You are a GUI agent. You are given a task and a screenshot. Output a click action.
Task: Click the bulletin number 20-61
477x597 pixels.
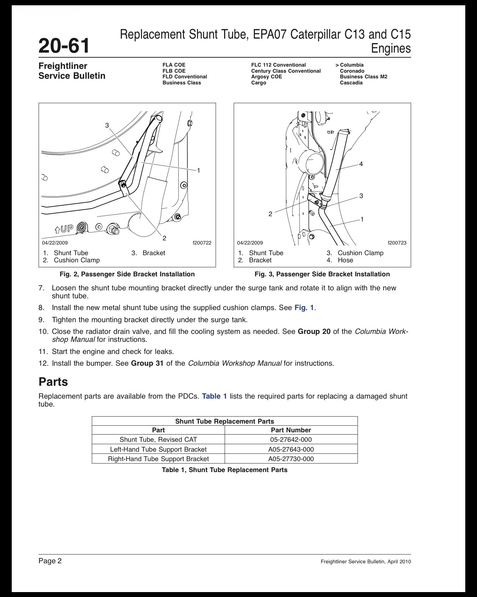(64, 45)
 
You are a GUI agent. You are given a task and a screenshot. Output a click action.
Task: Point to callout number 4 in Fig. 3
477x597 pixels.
(361, 164)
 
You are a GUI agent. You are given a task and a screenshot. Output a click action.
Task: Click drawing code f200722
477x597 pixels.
(202, 243)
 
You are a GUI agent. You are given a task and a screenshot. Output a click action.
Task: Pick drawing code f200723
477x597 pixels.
(397, 243)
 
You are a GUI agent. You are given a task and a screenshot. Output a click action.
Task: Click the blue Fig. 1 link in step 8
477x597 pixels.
(304, 308)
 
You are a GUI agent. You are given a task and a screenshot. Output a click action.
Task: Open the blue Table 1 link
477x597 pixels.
(214, 396)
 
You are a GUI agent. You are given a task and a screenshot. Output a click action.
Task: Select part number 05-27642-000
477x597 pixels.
(291, 440)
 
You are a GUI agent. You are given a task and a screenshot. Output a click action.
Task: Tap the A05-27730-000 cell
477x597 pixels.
(291, 459)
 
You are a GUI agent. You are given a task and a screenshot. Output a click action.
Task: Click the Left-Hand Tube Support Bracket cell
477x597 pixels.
(158, 449)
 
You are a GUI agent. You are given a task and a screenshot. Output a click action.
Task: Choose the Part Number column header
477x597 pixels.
(291, 430)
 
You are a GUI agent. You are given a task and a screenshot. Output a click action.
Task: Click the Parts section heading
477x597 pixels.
(53, 382)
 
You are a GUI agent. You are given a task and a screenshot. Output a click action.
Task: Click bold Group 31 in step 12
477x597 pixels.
(147, 363)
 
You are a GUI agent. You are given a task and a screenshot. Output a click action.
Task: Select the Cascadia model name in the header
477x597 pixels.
(351, 83)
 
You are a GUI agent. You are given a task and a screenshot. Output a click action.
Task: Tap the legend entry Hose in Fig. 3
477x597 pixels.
(346, 260)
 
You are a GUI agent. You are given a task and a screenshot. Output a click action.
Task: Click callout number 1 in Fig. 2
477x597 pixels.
(199, 170)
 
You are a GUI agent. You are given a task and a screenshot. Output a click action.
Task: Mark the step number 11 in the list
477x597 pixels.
(43, 351)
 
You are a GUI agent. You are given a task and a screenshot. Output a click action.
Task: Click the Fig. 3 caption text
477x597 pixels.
(322, 274)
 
